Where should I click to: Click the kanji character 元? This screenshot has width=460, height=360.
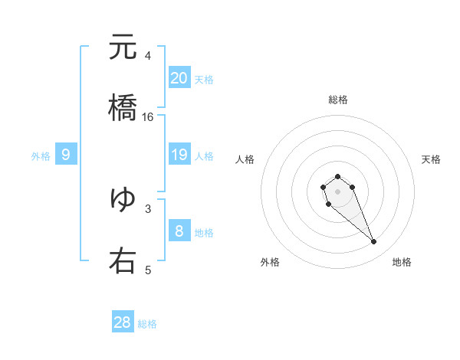123,47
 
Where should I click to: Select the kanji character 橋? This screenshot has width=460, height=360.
123,108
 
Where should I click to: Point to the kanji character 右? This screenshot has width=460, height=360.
123,260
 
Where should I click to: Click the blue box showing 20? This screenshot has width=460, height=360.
179,77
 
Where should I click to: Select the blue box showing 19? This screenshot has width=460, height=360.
179,155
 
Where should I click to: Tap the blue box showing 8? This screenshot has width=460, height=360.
179,231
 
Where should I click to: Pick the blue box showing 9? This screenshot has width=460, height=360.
66,155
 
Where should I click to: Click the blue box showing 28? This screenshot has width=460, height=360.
123,322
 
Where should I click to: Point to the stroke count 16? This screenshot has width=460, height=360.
148,117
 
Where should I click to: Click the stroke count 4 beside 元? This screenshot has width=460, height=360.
148,56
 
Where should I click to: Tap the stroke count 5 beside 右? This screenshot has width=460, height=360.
148,270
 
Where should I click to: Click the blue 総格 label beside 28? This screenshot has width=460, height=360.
147,324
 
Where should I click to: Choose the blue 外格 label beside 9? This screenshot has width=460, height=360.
41,156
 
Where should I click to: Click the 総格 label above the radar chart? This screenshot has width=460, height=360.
338,100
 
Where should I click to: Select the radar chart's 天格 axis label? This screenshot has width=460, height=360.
431,159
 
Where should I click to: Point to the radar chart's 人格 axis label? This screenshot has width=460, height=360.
245,159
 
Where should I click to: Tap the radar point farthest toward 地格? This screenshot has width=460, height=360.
374,242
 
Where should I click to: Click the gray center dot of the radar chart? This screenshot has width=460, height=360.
338,191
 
